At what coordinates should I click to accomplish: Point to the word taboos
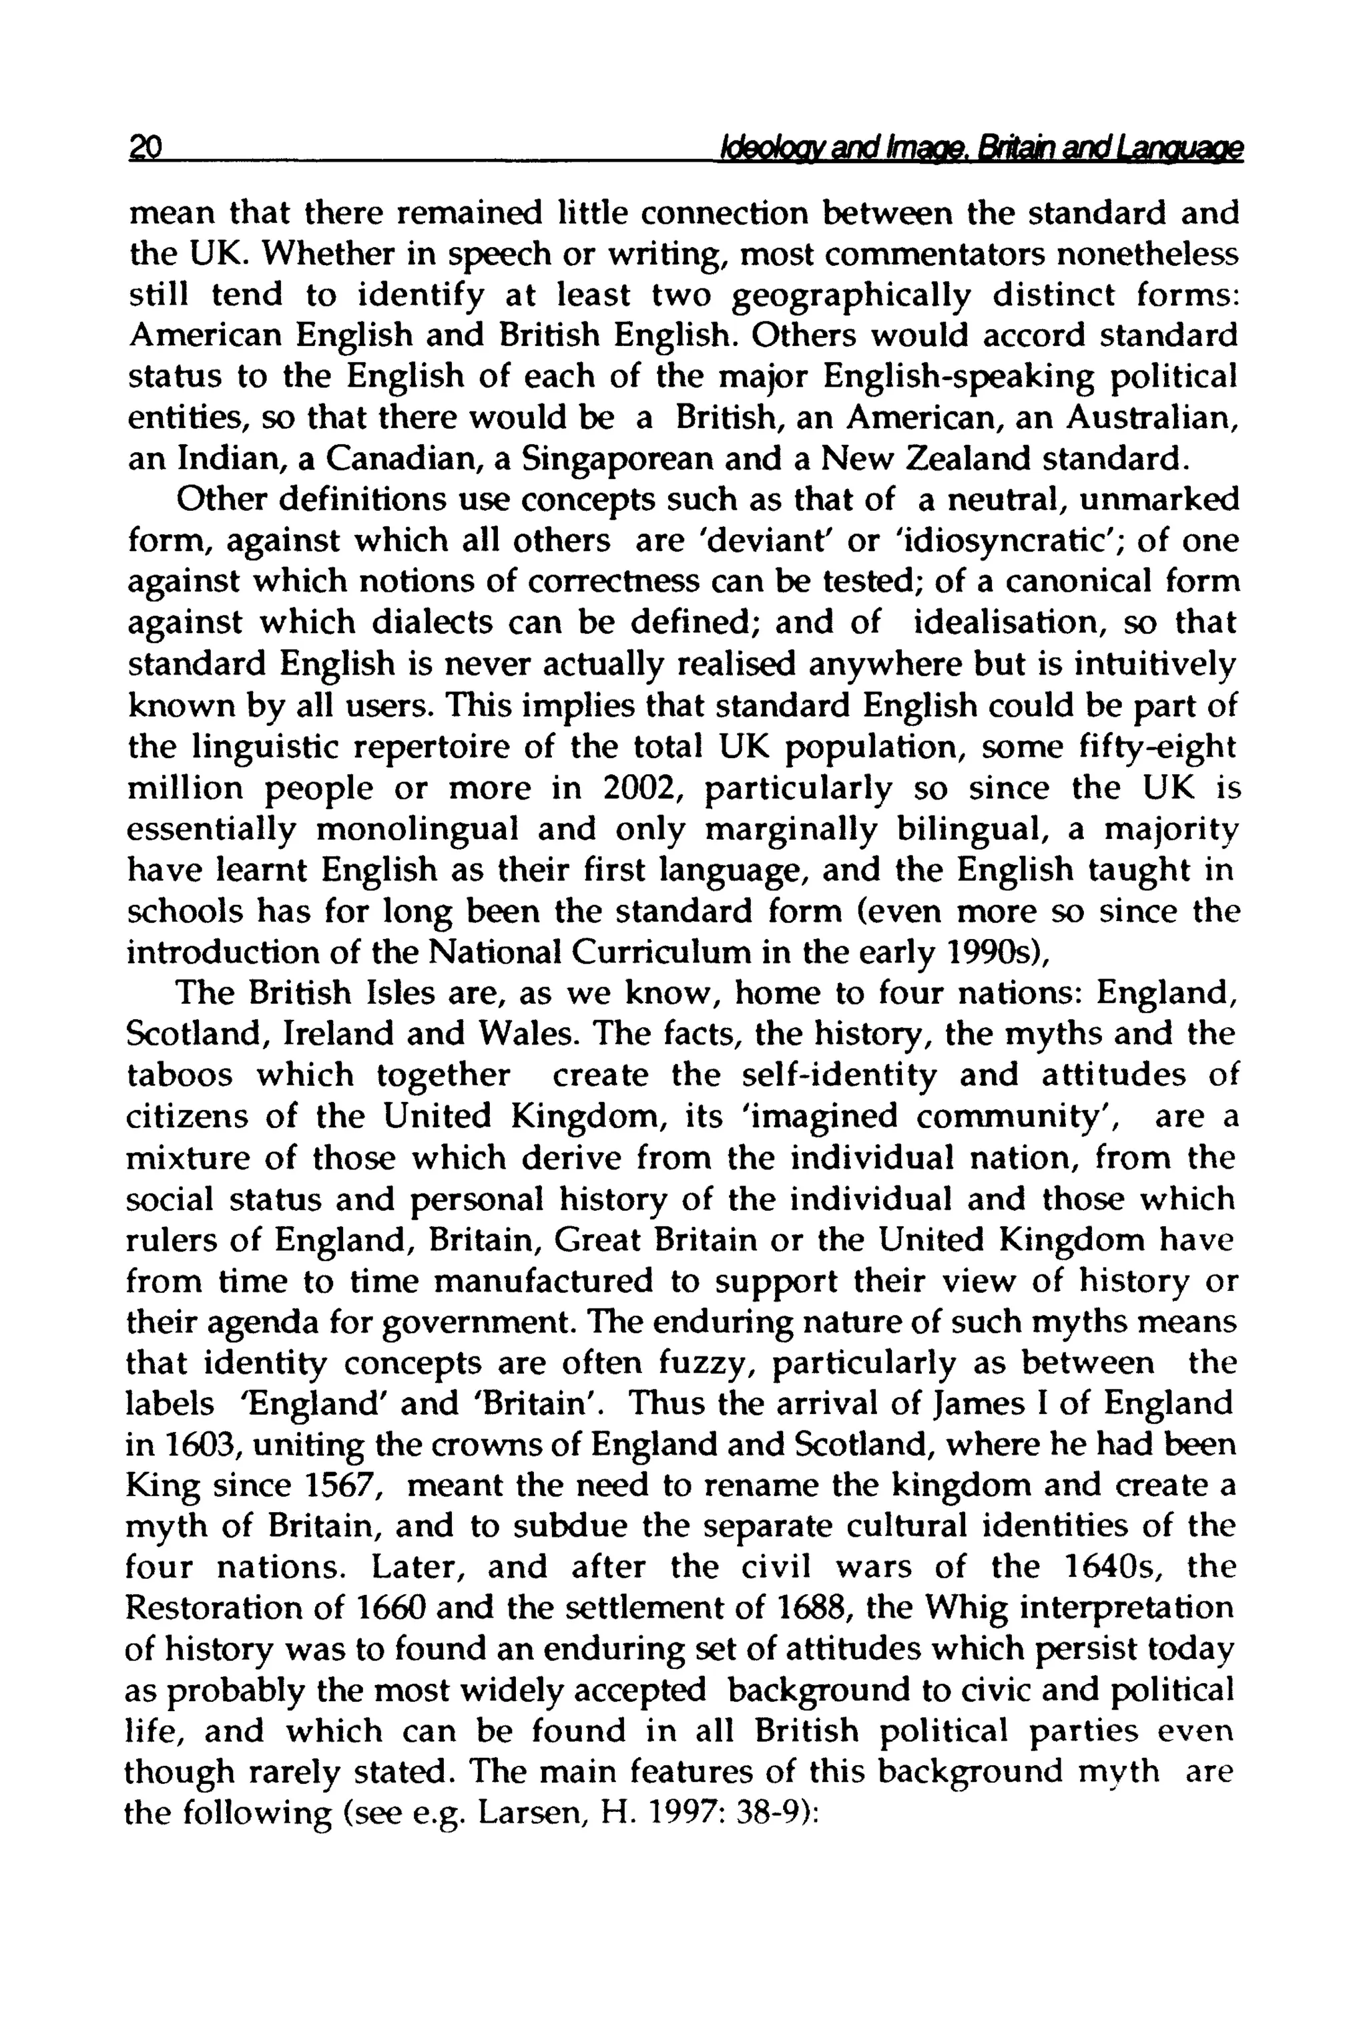click(180, 1075)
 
